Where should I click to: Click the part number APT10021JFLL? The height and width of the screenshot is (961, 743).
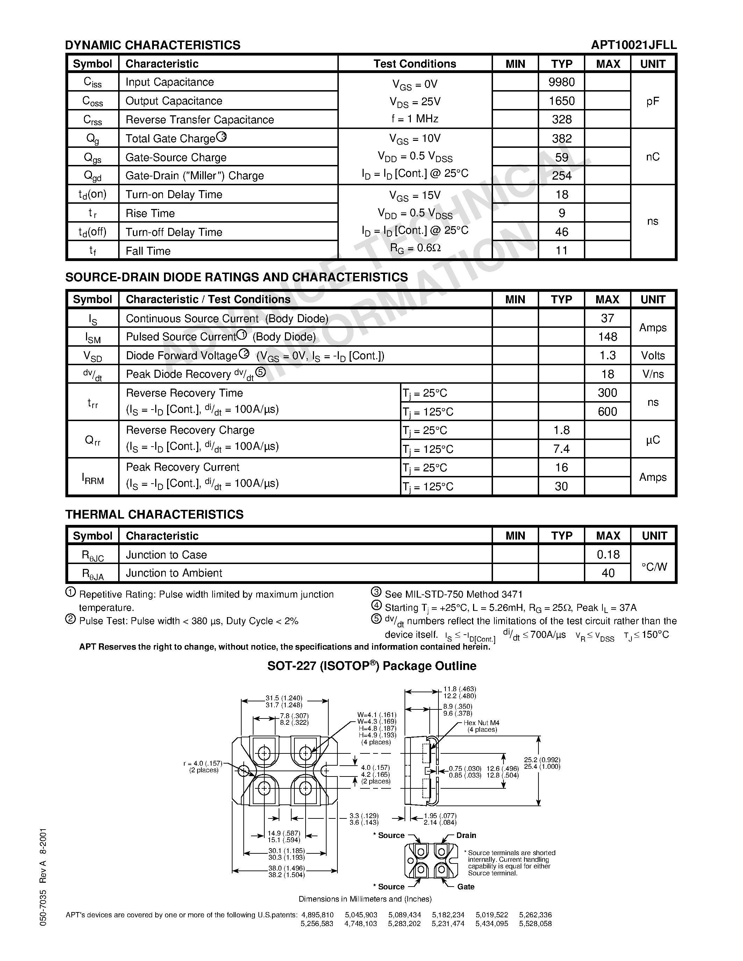coord(634,45)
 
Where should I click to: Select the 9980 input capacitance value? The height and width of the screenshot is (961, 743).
coord(562,82)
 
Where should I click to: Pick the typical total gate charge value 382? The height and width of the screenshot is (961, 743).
coord(562,139)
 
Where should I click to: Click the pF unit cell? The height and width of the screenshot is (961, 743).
coord(652,101)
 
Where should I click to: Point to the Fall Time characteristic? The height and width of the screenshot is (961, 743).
coord(148,251)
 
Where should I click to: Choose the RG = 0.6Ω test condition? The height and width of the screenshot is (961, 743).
coord(415,248)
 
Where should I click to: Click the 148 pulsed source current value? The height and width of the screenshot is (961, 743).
coord(607,337)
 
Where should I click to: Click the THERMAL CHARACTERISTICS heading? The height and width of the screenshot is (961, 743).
coord(154,514)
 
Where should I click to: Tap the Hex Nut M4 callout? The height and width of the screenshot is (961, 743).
coord(481,723)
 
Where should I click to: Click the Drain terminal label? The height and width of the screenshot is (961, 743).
coord(466,835)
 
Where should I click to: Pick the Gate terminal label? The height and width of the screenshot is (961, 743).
coord(466,887)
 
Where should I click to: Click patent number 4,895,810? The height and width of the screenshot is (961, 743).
coord(317,915)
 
